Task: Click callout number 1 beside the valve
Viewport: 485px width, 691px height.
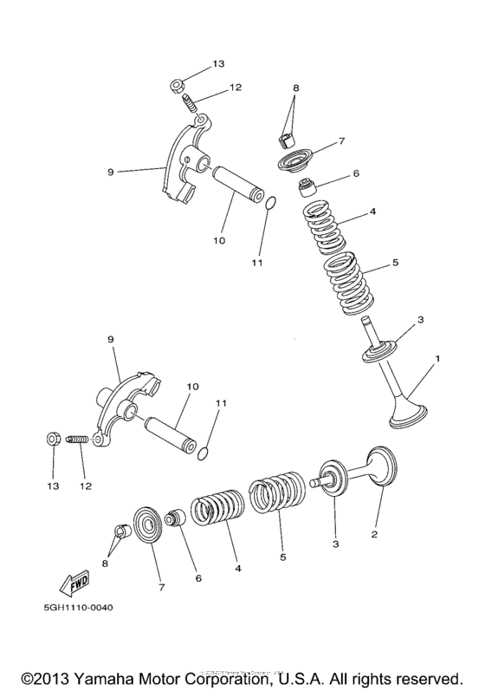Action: point(437,358)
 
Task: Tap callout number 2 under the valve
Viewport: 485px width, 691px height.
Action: point(374,535)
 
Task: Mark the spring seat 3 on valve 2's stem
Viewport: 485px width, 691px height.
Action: point(332,475)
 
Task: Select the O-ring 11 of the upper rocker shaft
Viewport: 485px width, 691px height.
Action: point(269,205)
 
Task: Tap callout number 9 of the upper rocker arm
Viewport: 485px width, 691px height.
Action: point(110,172)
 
